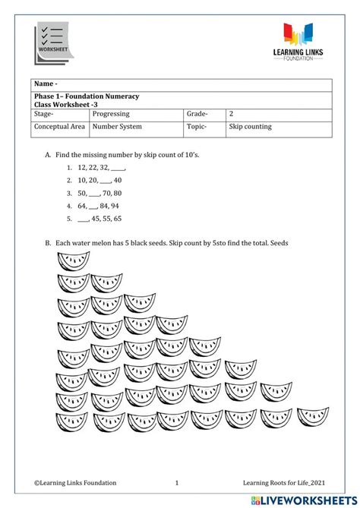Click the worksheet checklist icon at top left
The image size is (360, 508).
(52, 43)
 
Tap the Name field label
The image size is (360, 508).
(46, 84)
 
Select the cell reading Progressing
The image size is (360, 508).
(111, 114)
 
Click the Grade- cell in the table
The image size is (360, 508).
(197, 114)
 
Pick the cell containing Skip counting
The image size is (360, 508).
(250, 127)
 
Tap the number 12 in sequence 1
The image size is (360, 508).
(82, 167)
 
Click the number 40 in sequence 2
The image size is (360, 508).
(118, 180)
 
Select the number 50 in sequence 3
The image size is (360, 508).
(82, 193)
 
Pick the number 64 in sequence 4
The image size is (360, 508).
(82, 206)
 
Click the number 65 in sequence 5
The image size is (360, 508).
(117, 219)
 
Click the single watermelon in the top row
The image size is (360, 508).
(73, 260)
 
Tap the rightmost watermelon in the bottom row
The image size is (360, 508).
(312, 417)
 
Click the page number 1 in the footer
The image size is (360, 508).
(176, 482)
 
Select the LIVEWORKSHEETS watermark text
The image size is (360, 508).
(304, 499)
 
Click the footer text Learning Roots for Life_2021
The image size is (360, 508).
(284, 482)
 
